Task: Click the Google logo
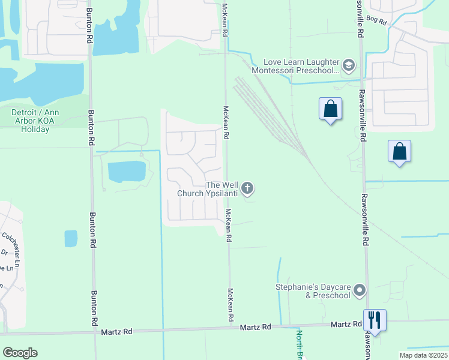point(20,353)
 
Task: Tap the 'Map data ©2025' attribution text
point(423,355)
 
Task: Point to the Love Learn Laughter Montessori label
point(302,66)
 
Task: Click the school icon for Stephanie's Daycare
point(360,291)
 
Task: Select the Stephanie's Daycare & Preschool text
point(313,291)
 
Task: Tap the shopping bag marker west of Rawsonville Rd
point(330,110)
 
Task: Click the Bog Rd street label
point(378,20)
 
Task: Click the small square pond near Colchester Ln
point(71,238)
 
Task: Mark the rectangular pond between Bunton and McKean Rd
point(126,172)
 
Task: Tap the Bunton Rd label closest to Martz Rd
point(94,304)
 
